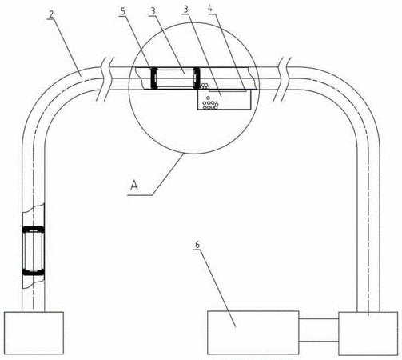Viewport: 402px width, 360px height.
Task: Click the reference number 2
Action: point(50,14)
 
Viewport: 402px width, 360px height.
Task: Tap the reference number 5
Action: point(122,11)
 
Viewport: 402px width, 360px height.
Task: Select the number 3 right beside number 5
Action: point(153,11)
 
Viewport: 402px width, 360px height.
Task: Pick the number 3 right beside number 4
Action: point(185,10)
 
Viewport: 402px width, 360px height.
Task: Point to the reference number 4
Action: point(210,9)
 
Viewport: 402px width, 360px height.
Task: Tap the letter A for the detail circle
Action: point(134,185)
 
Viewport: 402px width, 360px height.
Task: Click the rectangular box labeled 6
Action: point(253,333)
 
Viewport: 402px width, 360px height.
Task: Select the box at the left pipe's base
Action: point(34,333)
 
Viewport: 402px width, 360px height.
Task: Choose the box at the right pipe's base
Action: point(368,334)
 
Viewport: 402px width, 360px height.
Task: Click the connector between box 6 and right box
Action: point(319,330)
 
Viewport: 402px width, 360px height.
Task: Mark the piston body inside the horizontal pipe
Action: point(175,78)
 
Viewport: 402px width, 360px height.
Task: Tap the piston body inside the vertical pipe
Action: point(34,251)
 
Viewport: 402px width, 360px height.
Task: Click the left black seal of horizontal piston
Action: point(153,78)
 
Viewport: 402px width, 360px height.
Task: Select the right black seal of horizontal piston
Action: point(197,78)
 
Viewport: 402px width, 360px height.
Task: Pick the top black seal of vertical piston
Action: point(34,230)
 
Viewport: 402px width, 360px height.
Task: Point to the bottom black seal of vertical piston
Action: point(34,272)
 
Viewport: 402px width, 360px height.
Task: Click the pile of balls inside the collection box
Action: point(210,104)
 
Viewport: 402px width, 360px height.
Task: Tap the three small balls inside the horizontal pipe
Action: point(205,86)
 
